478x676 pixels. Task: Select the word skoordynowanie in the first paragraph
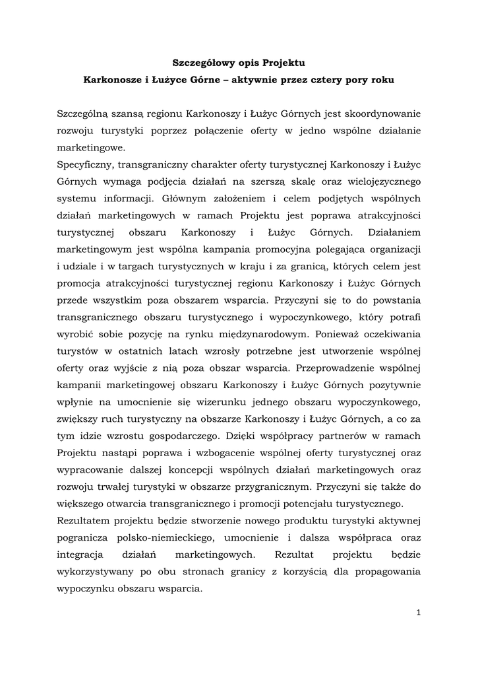[x=387, y=114]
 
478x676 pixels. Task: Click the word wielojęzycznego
[x=384, y=181]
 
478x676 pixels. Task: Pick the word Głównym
[x=184, y=198]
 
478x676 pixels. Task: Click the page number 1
[x=419, y=612]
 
